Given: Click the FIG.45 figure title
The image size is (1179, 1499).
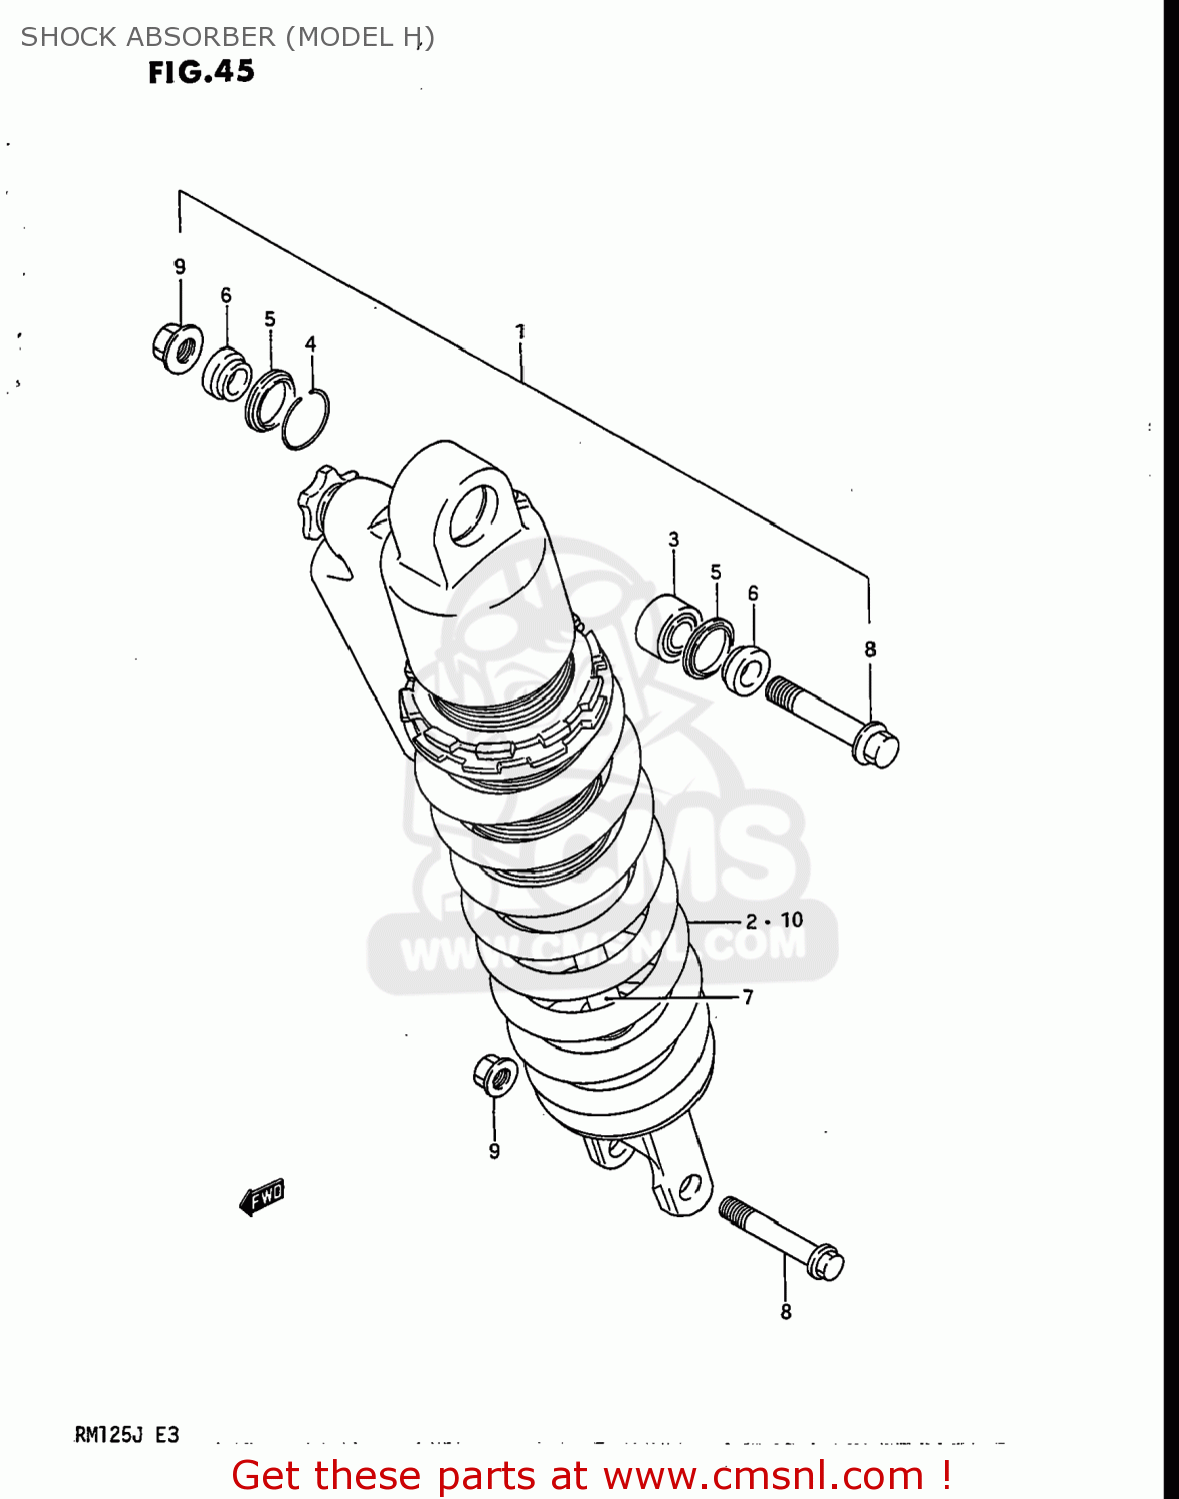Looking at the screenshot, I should point(201,72).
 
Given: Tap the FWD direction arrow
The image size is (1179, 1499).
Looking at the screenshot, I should point(262,1196).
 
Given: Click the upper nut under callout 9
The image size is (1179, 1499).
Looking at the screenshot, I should point(178,348).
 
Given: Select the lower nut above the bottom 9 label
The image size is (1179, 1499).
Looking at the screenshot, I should point(494,1075).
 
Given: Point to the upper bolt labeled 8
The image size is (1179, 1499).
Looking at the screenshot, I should point(832,720).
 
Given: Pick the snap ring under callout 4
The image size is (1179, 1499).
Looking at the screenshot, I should point(306,421).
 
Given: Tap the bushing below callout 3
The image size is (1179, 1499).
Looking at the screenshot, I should point(665,627).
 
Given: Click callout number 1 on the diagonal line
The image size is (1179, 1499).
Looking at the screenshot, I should point(520,331).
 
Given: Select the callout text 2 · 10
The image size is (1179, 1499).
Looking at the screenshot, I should point(774,920).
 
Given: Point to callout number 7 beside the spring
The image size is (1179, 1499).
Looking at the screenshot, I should point(748,997).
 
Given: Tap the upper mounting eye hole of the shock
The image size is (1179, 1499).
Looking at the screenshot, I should point(472,516).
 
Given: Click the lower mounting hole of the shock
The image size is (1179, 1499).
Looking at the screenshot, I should point(688,1189).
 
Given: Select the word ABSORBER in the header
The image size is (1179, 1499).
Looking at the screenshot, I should point(208,37).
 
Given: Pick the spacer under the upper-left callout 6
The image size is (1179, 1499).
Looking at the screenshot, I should point(227,374).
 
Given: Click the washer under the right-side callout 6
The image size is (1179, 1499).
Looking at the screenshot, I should point(746,670).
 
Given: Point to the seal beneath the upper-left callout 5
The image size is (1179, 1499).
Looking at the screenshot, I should point(268,400).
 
